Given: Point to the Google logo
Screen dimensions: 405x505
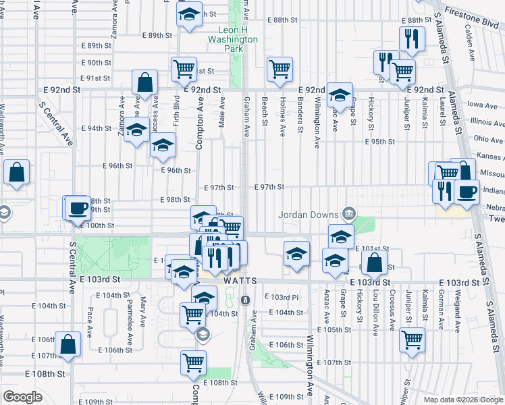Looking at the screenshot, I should [x=22, y=397].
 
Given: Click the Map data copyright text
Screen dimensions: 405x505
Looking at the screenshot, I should [x=462, y=400].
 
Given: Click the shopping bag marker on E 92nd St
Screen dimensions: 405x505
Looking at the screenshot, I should [x=145, y=82].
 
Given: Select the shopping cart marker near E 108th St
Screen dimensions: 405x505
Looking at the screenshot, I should [x=193, y=362].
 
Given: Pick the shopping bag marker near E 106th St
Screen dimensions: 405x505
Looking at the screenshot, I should [x=68, y=344].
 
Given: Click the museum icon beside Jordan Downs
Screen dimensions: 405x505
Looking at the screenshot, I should [x=348, y=215].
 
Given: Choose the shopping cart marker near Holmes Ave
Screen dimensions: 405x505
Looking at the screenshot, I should [x=280, y=68].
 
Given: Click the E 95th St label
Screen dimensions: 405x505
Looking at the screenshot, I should [x=379, y=142].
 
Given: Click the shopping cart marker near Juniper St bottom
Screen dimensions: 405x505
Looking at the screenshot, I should [x=412, y=340].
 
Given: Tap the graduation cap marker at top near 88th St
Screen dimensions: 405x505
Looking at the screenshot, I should [x=190, y=14].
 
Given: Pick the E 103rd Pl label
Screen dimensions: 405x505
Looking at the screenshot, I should [x=284, y=297].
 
